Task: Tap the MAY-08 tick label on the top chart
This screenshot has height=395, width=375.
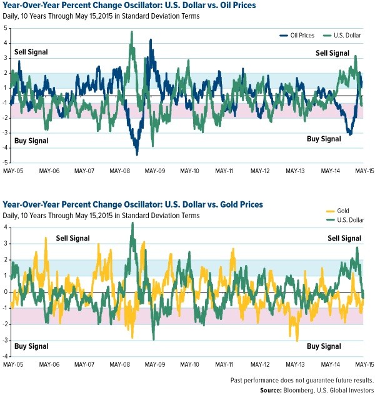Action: pyautogui.click(x=119, y=169)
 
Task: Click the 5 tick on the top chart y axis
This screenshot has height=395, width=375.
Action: pyautogui.click(x=6, y=28)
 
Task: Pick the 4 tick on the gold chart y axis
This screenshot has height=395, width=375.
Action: pyautogui.click(x=6, y=227)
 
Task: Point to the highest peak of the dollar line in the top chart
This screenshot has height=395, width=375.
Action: pyautogui.click(x=132, y=32)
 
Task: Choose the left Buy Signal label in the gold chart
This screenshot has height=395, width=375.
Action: pyautogui.click(x=31, y=346)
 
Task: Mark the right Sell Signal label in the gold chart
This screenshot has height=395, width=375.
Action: pyautogui.click(x=344, y=238)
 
